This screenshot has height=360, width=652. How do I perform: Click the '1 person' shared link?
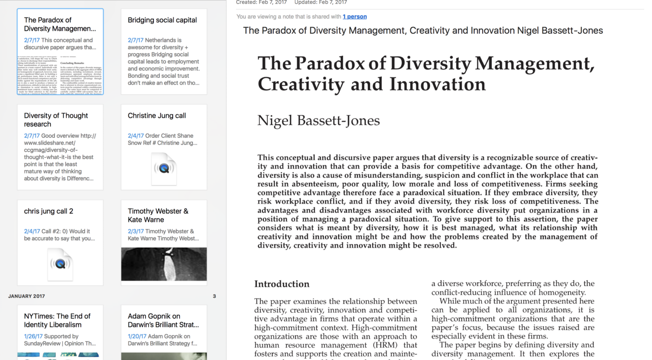click(355, 17)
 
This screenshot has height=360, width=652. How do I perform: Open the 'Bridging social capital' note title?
click(162, 20)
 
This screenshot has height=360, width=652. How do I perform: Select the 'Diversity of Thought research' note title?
click(56, 120)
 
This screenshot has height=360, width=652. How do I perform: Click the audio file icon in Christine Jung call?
click(164, 168)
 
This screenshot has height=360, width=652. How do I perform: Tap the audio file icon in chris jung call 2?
click(60, 264)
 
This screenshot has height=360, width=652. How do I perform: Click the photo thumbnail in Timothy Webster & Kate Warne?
click(164, 264)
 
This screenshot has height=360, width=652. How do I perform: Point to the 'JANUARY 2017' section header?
click(26, 296)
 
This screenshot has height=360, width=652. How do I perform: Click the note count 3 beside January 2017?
click(214, 296)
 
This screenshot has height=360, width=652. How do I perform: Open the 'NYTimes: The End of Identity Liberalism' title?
click(57, 320)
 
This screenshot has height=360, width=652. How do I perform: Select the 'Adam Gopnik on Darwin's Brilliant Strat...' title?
click(163, 320)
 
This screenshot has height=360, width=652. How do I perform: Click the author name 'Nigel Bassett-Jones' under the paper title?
click(318, 121)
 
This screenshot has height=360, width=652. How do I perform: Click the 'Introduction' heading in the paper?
click(282, 284)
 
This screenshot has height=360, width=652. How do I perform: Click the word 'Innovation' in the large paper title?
click(437, 84)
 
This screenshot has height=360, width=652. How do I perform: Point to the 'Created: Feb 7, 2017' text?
click(261, 2)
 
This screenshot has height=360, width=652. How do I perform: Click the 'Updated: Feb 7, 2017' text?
click(321, 2)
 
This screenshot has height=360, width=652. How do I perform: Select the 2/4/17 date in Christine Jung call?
click(136, 136)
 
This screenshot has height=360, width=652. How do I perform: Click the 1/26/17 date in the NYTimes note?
click(33, 336)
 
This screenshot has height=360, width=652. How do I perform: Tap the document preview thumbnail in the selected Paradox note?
click(60, 75)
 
